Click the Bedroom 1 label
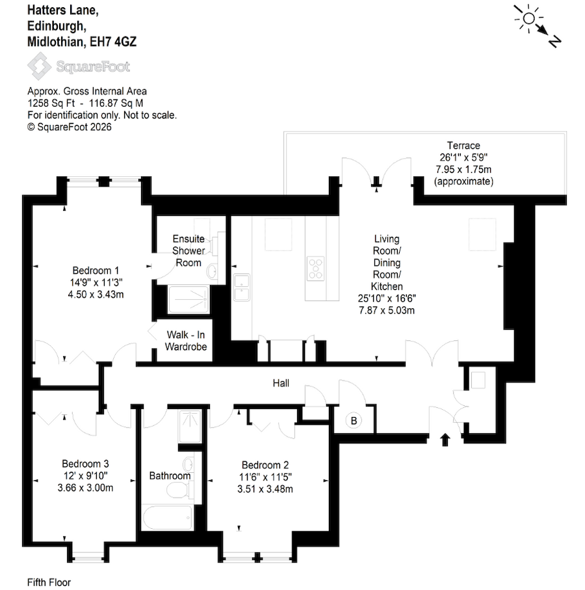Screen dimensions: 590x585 click(95, 270)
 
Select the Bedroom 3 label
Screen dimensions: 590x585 click(85, 464)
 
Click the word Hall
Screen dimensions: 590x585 click(281, 384)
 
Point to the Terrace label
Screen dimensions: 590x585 click(463, 146)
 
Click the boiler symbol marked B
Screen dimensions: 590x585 click(354, 422)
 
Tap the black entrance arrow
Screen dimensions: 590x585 click(445, 440)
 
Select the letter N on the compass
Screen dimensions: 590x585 click(554, 41)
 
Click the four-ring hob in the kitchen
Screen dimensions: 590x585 click(316, 268)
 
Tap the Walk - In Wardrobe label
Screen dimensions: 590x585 click(186, 341)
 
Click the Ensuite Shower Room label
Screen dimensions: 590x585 click(189, 250)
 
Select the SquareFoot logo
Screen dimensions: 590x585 click(78, 66)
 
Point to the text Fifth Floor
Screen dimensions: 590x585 click(49, 582)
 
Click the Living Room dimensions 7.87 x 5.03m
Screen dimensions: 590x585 click(387, 310)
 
